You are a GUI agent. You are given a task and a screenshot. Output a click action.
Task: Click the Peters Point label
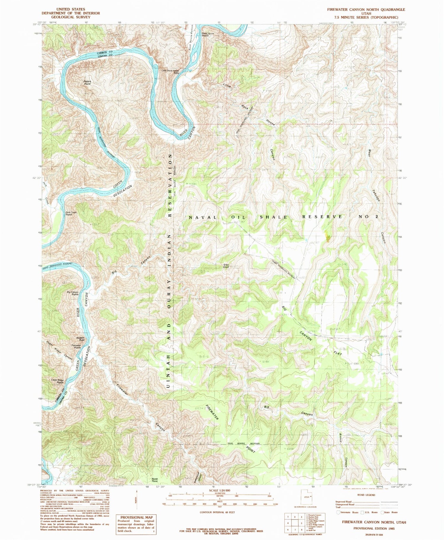[x=87, y=83]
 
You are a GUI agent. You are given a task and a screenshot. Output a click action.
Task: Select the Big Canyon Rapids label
[x=73, y=293]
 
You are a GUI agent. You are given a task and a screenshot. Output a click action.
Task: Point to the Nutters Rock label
[x=80, y=339]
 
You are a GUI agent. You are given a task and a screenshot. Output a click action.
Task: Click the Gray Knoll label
[x=226, y=266]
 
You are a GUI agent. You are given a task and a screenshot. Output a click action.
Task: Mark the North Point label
[x=155, y=480]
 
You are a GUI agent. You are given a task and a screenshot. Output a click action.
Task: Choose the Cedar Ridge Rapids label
[x=57, y=381]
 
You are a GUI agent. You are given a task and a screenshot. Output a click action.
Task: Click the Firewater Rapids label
[x=76, y=346]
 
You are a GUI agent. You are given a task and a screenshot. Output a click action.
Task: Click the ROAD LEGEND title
[x=366, y=495]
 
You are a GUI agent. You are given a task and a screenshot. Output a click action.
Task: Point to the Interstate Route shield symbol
[x=338, y=512]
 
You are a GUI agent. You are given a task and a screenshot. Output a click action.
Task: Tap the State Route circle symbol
[x=382, y=512]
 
